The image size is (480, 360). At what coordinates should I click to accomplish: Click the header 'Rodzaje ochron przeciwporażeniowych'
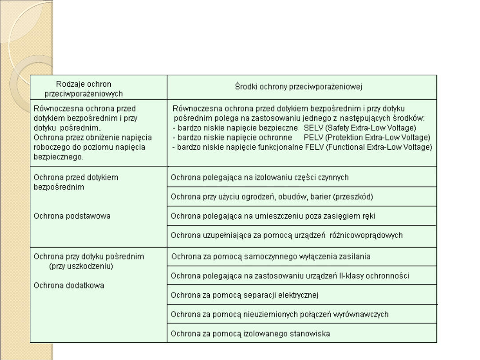tap(84, 88)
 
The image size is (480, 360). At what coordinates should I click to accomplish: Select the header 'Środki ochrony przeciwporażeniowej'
tap(298, 87)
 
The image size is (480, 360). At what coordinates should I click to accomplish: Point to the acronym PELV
tap(311, 137)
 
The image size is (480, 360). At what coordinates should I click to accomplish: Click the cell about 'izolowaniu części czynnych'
tap(260, 177)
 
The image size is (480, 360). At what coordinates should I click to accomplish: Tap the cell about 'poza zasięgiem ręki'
tap(270, 216)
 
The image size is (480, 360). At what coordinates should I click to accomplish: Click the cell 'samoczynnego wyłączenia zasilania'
tap(271, 256)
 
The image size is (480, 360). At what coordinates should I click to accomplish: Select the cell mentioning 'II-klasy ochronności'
tap(290, 276)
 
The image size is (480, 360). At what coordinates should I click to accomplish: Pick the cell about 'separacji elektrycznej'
tap(245, 295)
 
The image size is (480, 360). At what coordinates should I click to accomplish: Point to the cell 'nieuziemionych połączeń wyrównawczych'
tap(280, 314)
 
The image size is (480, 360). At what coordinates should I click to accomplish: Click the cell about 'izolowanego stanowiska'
tap(251, 333)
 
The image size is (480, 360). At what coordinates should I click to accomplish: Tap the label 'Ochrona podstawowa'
tap(72, 216)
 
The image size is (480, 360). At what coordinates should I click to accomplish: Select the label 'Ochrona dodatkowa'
tap(69, 285)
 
